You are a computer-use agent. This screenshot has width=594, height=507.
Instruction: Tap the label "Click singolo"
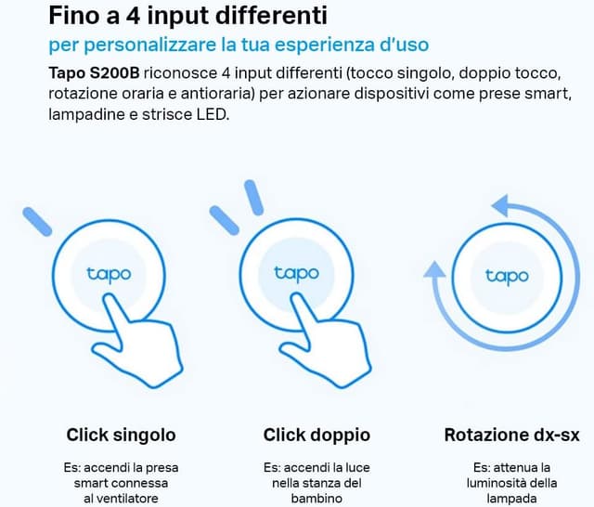121,435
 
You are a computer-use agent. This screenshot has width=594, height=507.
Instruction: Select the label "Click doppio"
316,435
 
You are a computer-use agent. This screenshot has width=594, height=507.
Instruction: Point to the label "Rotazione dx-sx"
511,435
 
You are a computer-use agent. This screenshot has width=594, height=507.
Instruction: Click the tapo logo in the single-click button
109,274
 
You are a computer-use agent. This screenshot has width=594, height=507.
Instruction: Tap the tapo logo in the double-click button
296,273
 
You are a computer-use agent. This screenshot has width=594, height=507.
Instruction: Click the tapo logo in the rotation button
507,276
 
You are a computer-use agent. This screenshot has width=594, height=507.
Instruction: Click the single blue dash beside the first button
38,222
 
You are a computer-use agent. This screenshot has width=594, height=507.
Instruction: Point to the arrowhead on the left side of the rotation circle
433,271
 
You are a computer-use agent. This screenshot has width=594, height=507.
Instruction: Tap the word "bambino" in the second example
316,500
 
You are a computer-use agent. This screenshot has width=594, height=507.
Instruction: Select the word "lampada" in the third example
511,500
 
